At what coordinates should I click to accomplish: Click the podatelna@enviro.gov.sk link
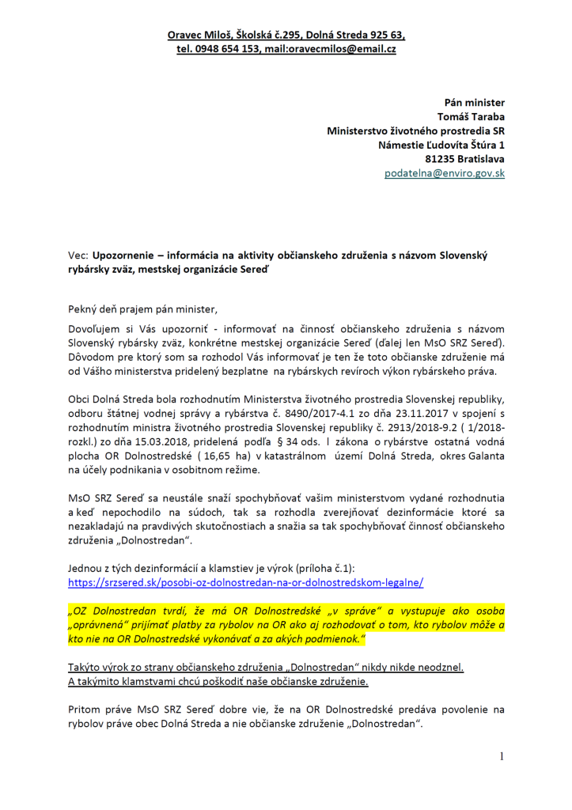[x=445, y=173]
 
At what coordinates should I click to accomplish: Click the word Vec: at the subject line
[x=78, y=256]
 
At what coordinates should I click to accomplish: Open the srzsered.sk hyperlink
[x=245, y=582]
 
